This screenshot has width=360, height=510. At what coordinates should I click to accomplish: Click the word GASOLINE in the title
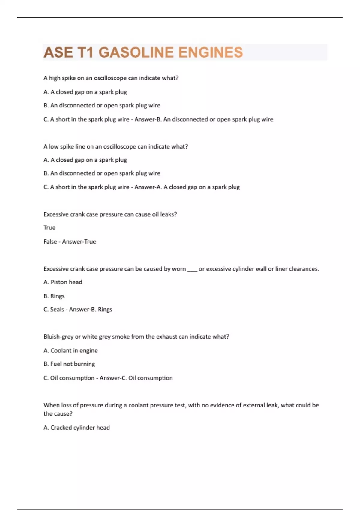(x=136, y=52)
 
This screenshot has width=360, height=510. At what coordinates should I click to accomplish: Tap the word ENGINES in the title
(x=210, y=52)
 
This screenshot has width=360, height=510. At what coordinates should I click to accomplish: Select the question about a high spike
(x=111, y=78)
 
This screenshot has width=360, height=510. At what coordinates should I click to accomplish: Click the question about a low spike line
(x=116, y=147)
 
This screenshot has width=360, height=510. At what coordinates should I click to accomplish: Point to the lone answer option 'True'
(x=49, y=228)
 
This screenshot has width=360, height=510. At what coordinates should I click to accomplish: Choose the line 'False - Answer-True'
(x=70, y=241)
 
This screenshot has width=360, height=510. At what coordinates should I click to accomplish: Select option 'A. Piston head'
(x=63, y=282)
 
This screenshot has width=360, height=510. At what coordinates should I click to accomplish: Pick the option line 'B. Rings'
(x=54, y=296)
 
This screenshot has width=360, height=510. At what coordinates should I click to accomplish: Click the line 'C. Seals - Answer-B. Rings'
(x=78, y=310)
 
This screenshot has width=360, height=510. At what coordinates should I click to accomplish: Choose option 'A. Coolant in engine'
(x=71, y=351)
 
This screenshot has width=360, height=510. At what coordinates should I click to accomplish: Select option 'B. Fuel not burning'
(x=69, y=364)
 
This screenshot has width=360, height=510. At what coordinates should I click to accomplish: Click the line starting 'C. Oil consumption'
(x=108, y=378)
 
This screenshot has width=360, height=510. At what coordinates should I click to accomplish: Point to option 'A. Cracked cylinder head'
(x=77, y=427)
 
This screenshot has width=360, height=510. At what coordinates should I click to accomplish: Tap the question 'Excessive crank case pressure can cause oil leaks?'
(x=110, y=214)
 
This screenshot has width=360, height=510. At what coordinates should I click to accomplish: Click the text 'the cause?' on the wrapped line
(x=58, y=414)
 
